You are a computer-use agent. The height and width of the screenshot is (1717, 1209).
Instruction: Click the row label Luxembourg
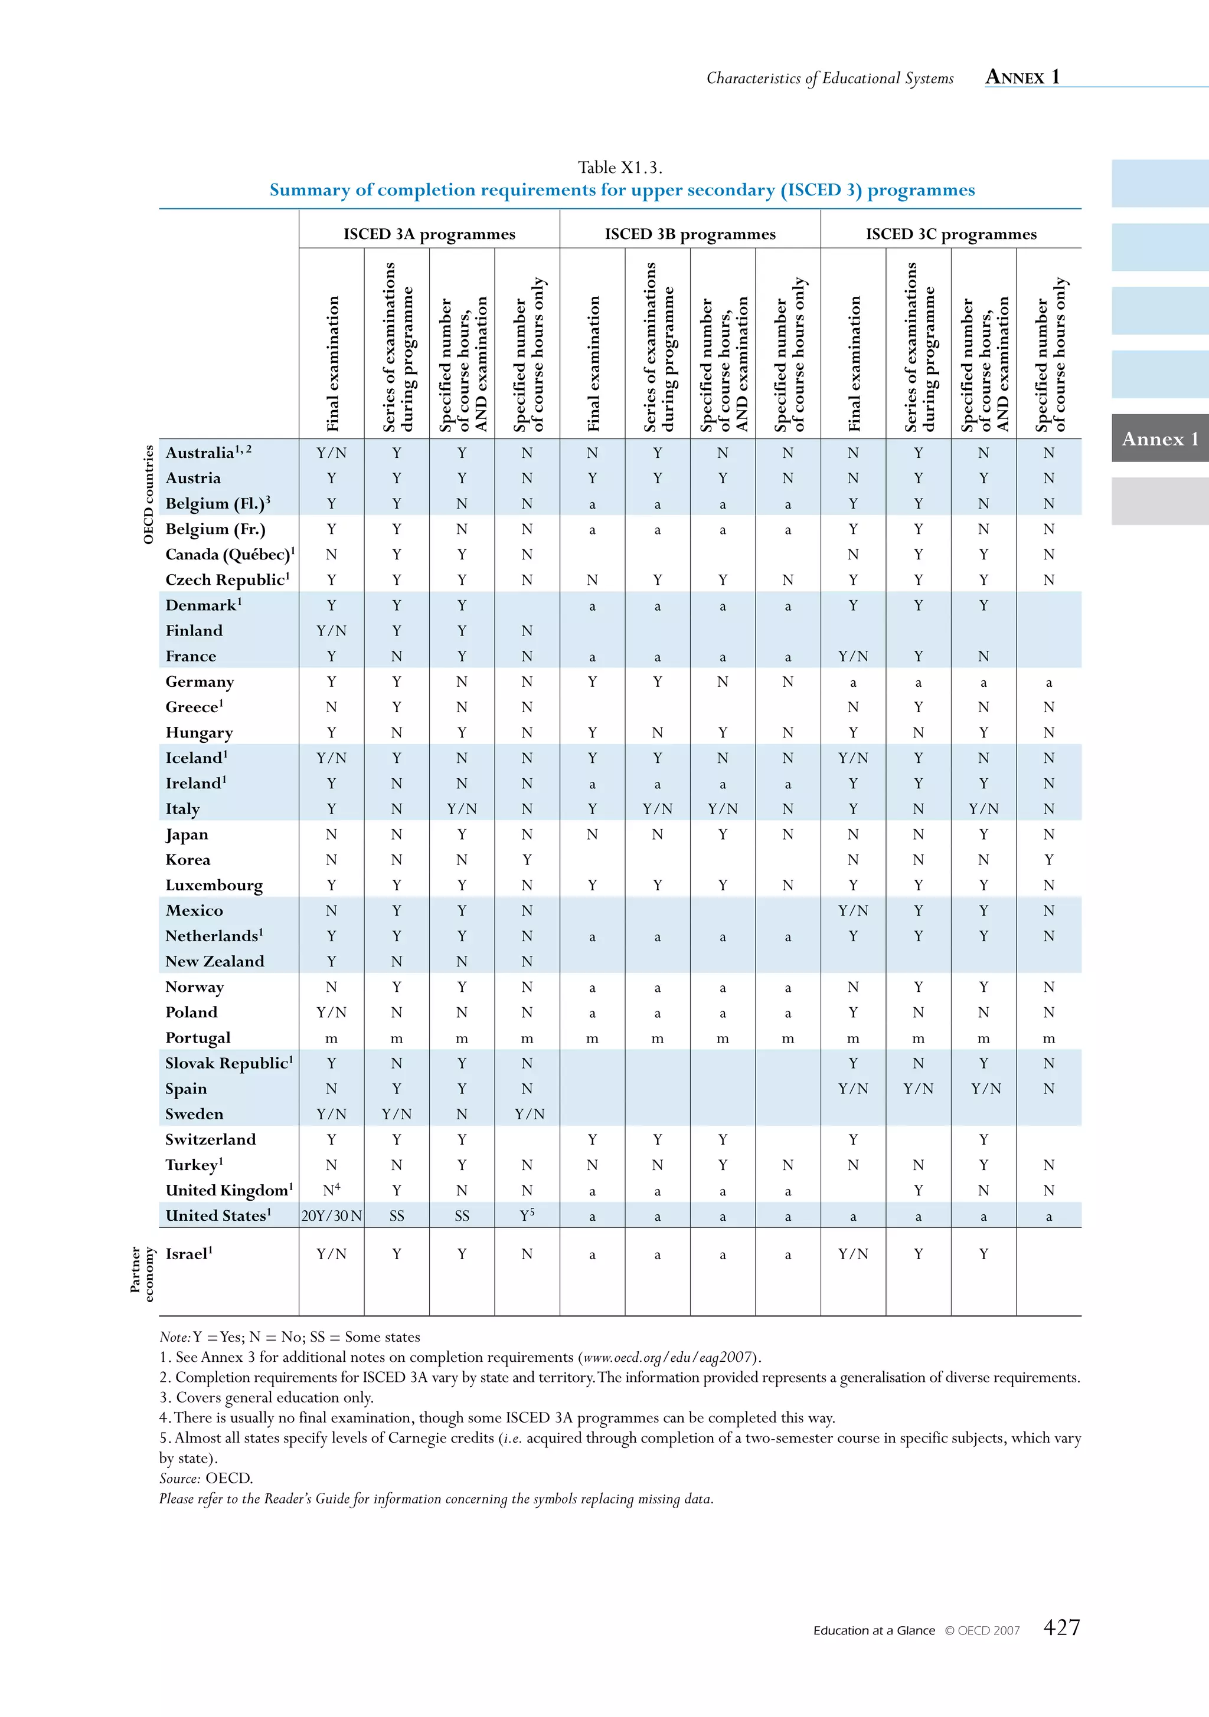pyautogui.click(x=214, y=886)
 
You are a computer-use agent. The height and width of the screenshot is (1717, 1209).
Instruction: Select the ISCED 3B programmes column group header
pyautogui.click(x=690, y=234)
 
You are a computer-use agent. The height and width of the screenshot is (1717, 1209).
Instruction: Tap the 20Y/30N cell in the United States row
pyautogui.click(x=331, y=1216)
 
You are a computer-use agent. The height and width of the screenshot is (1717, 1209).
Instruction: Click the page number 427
pyautogui.click(x=1061, y=1627)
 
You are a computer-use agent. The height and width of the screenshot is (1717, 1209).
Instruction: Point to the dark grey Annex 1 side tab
pyautogui.click(x=1159, y=438)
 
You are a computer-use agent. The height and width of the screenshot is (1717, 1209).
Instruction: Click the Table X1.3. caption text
pyautogui.click(x=619, y=168)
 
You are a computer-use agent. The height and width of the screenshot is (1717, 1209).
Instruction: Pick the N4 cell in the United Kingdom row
pyautogui.click(x=331, y=1190)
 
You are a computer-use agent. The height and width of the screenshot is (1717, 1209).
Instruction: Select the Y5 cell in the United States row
pyautogui.click(x=527, y=1215)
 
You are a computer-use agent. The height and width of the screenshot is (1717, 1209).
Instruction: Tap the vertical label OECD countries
pyautogui.click(x=148, y=494)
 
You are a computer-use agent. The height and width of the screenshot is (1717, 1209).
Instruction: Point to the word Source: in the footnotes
pyautogui.click(x=179, y=1479)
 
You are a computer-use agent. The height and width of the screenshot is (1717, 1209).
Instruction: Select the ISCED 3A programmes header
pyautogui.click(x=429, y=234)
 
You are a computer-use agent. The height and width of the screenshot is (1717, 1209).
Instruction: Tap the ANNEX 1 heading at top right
pyautogui.click(x=1022, y=77)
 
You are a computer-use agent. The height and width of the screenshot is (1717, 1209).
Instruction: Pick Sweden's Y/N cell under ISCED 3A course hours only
pyautogui.click(x=528, y=1114)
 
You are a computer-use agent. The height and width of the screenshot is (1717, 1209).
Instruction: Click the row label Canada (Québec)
pyautogui.click(x=229, y=555)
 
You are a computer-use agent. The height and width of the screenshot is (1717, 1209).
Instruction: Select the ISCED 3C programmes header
pyautogui.click(x=950, y=234)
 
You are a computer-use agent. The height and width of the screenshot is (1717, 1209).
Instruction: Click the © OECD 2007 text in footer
pyautogui.click(x=982, y=1631)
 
